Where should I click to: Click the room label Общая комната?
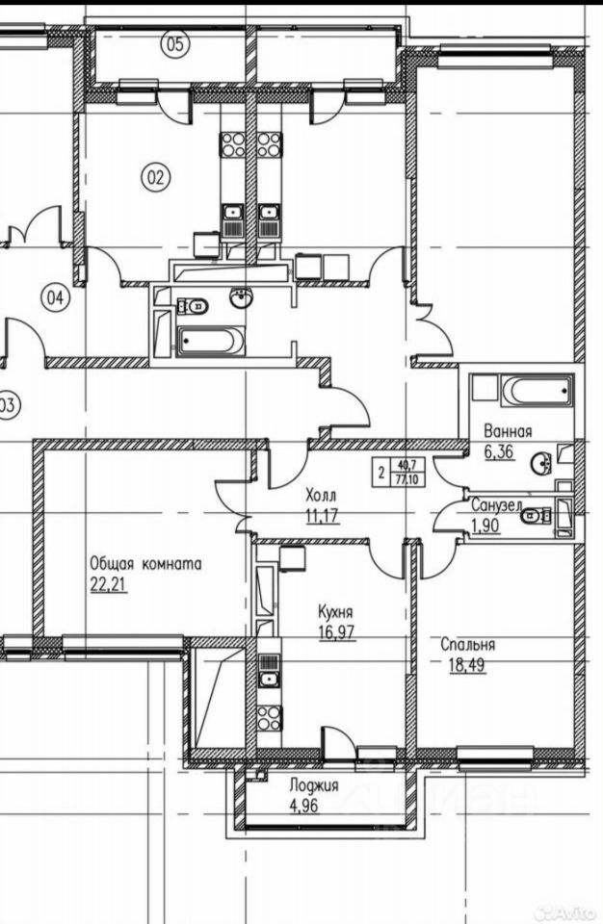point(145,565)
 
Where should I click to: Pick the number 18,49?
point(464,664)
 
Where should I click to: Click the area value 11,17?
point(323,515)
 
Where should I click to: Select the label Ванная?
point(508,432)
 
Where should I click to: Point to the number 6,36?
point(500,451)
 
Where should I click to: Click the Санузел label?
point(496,504)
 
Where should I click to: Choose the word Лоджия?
point(314,785)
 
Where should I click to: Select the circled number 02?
point(156,176)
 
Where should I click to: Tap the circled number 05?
point(175,42)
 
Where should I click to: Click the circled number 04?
point(56,298)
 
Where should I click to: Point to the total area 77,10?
point(406,479)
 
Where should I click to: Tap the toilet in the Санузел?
point(533,515)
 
